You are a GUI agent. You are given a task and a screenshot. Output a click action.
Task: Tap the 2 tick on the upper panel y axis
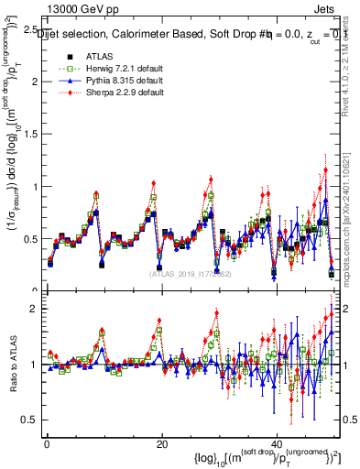[x=37, y=82]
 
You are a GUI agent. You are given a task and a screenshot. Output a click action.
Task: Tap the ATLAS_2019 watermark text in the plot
[x=190, y=273]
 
